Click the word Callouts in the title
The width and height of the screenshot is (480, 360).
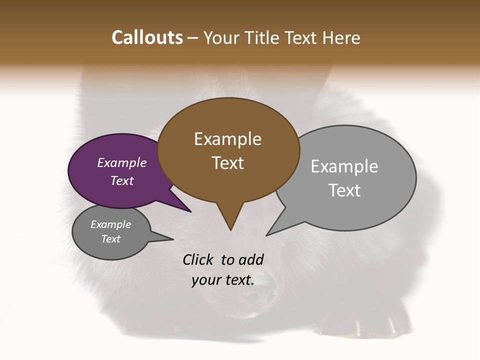coord(147,37)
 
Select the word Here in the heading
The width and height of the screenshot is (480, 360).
coord(341,37)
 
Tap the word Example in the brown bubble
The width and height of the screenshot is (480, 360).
coord(227,139)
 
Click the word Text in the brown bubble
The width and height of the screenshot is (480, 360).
coord(227,163)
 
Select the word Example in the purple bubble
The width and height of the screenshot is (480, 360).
coord(122,162)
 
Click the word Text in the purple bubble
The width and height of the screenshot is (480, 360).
coord(122,180)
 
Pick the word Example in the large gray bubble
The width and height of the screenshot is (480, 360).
coord(344,166)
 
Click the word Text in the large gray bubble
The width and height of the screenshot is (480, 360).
coord(344,190)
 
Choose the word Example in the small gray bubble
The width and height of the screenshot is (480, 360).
coord(110,224)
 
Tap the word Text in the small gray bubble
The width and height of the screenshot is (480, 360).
coord(110,239)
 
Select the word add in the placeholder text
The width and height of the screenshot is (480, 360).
coord(251,259)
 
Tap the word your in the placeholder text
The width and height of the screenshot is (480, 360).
coord(205,280)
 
